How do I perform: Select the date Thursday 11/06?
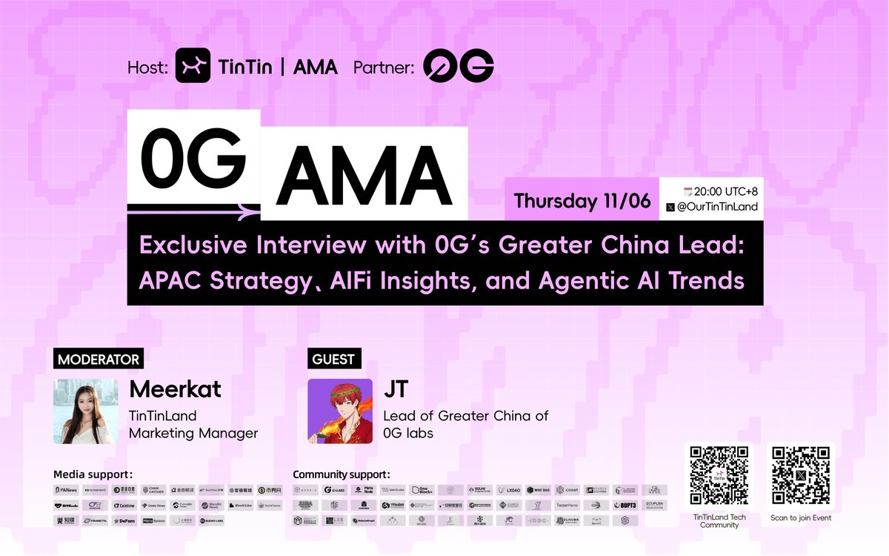coord(582,201)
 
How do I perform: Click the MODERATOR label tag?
coord(97,360)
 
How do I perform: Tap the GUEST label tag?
coord(333,360)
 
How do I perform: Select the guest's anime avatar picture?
coord(340,411)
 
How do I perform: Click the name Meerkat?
coord(175,390)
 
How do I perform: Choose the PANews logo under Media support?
coord(67,490)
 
